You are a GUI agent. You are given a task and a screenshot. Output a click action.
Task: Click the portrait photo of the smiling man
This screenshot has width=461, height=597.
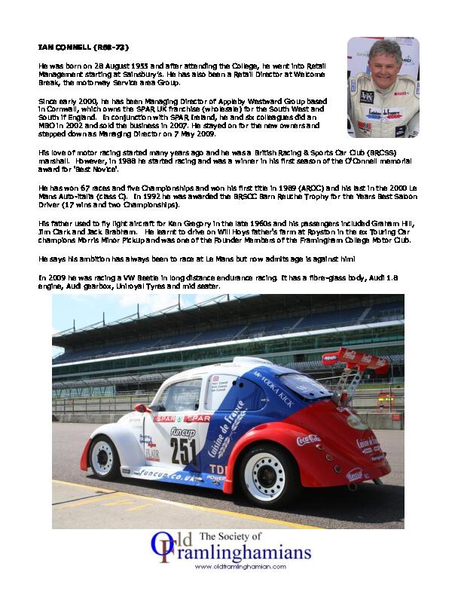pyautogui.click(x=382, y=87)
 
